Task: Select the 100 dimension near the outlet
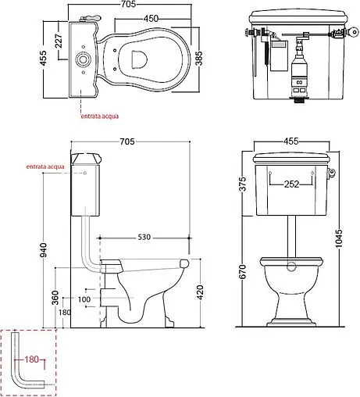pyautogui.click(x=84, y=299)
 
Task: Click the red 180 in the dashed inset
pyautogui.click(x=30, y=360)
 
